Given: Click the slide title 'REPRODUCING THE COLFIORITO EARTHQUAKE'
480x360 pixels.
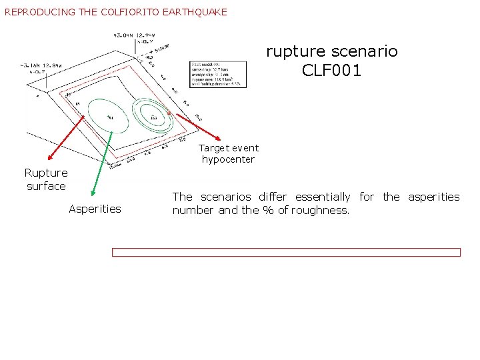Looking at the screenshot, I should point(116,12).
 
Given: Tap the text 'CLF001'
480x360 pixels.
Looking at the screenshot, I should point(332,70).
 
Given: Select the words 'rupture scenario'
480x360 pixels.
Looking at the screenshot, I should point(332,51).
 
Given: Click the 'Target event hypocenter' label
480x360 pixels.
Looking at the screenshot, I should point(228,153).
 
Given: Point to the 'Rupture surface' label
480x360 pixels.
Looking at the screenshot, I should point(46,179).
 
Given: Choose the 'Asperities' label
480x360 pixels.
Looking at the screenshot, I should point(95,209).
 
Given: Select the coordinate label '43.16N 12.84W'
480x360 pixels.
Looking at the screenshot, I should point(41,65).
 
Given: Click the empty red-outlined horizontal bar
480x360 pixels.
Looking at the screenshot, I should point(285,252).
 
